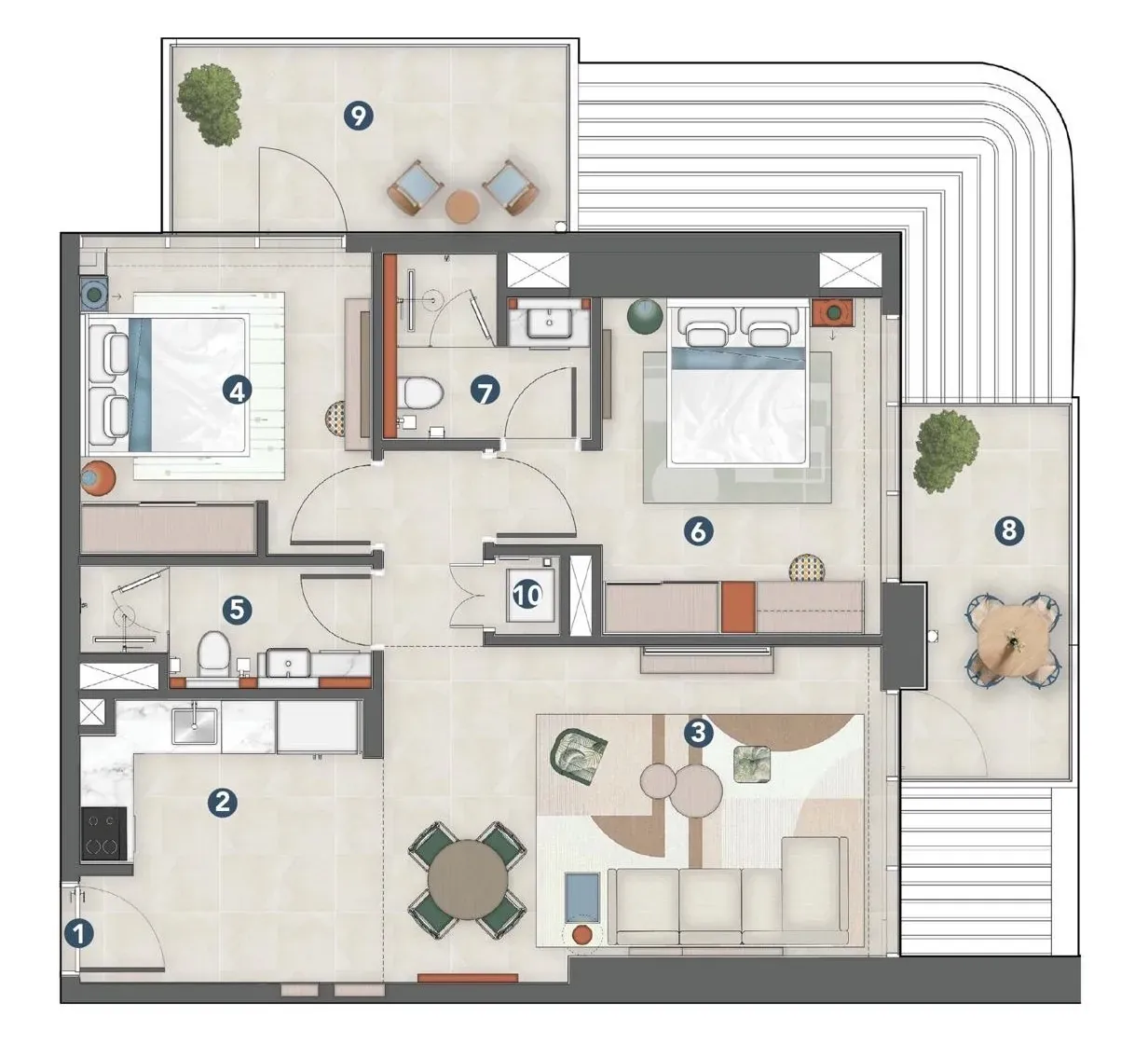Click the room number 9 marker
pos(358,117)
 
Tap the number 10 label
pos(527,595)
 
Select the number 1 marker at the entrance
pos(79,933)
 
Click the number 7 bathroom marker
pos(485,390)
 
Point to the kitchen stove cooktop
pos(103,833)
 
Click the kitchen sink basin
pos(194,726)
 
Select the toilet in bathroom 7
pos(420,393)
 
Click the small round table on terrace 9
pos(462,207)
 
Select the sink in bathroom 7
pos(549,323)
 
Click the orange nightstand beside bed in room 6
pos(832,312)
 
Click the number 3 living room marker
pos(698,732)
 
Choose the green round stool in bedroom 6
pos(645,315)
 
